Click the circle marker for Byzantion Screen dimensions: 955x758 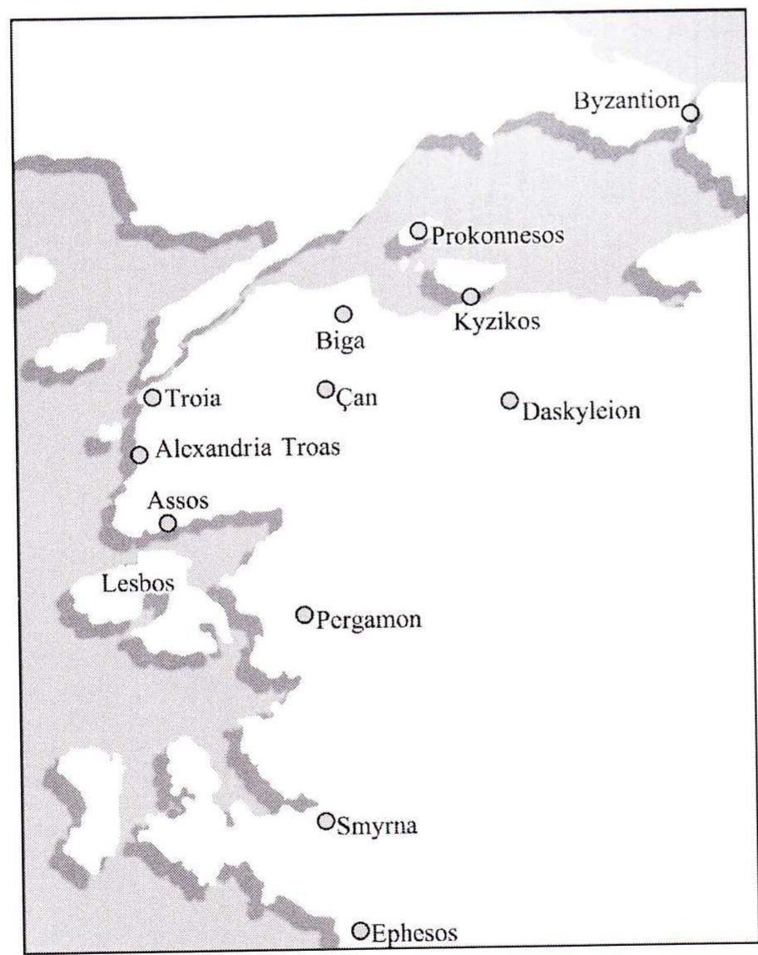(x=690, y=112)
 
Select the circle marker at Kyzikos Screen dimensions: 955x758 (x=471, y=296)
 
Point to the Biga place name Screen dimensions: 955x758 (x=339, y=343)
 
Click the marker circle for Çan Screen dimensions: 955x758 (x=325, y=389)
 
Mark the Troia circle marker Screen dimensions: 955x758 (x=152, y=398)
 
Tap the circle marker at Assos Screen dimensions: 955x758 (x=168, y=523)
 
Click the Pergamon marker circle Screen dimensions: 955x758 (x=305, y=615)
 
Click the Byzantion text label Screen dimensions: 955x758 (x=627, y=101)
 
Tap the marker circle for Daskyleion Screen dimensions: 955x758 (x=509, y=400)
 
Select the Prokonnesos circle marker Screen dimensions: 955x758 (x=419, y=230)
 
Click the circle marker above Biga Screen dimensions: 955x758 (x=343, y=314)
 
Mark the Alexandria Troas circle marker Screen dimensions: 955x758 (x=140, y=455)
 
